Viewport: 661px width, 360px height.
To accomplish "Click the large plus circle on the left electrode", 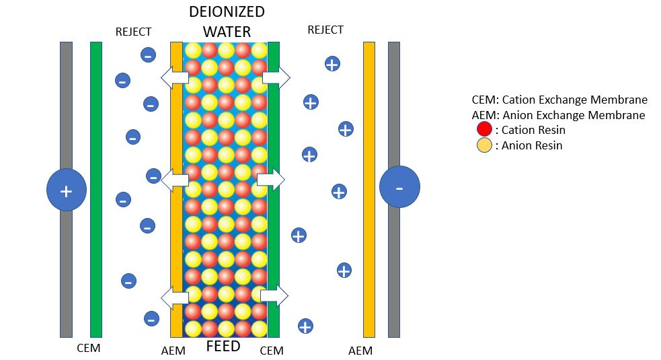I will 66,190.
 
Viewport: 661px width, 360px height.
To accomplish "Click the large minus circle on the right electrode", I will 399,187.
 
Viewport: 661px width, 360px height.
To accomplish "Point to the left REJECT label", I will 133,32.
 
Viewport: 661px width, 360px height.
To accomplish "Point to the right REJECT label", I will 325,30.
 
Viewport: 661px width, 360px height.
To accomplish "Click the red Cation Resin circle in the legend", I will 484,129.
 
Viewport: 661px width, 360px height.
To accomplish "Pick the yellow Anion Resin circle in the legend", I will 484,145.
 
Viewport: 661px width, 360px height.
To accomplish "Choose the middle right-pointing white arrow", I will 271,179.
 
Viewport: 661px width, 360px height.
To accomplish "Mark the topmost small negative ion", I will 148,55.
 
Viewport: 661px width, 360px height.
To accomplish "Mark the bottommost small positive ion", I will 305,326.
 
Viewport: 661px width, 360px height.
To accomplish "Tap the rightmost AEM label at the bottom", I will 360,351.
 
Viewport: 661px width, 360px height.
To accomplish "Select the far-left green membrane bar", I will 96,189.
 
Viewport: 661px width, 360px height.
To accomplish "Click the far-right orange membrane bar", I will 368,189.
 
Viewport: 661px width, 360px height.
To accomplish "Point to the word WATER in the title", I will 227,32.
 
